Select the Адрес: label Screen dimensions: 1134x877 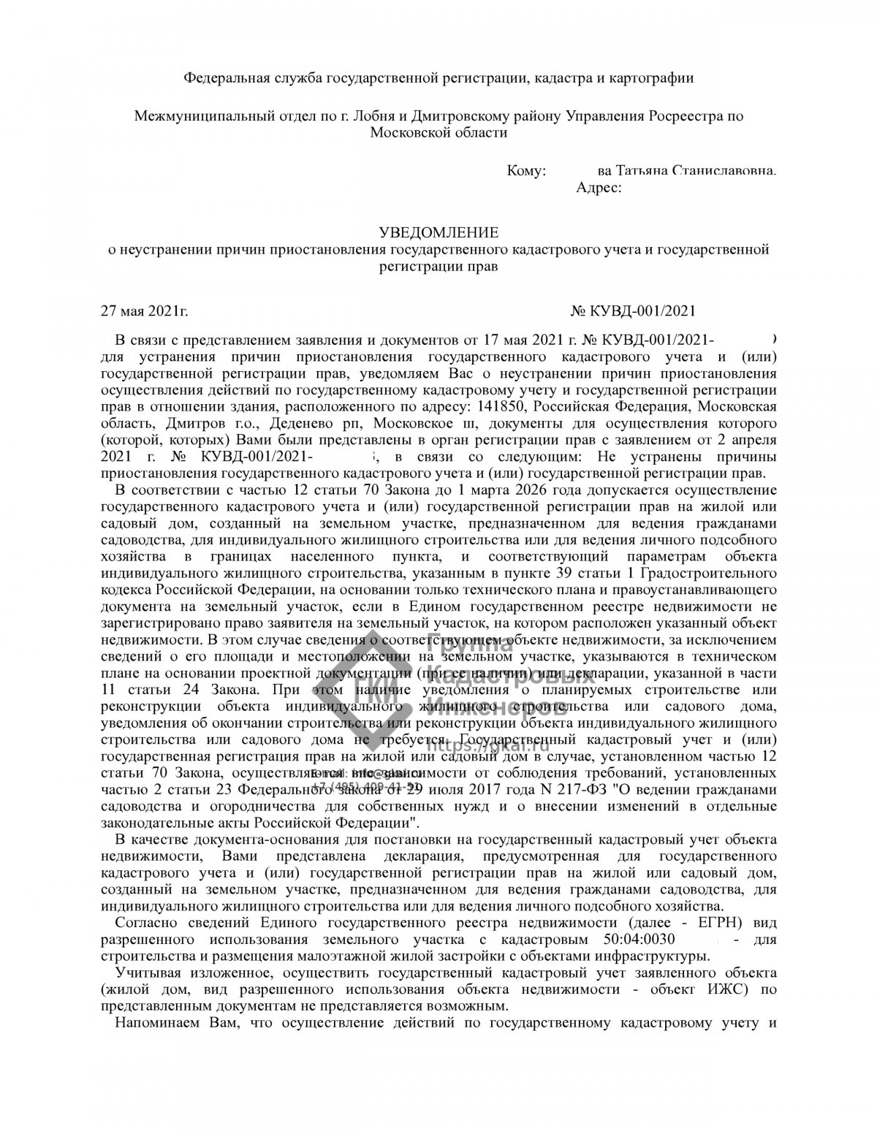point(599,189)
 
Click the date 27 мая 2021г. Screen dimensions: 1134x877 point(145,311)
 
